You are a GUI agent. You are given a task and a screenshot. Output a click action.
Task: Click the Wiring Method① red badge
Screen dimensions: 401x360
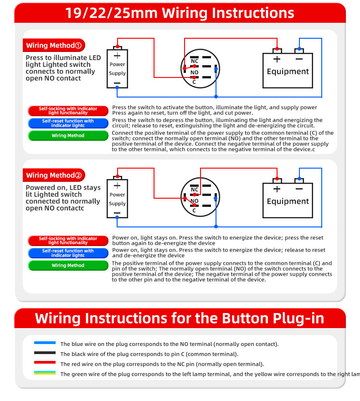(x=54, y=46)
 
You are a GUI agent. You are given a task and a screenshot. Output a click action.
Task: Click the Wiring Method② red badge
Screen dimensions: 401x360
(x=54, y=175)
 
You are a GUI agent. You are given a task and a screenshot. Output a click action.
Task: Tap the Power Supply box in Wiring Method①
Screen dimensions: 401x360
(x=117, y=69)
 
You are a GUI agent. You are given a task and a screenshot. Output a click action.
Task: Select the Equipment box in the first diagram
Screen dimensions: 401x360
(x=288, y=71)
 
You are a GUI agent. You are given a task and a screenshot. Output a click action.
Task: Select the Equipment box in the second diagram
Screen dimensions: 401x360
(x=288, y=201)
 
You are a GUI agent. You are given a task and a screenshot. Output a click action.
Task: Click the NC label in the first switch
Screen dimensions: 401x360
(x=195, y=61)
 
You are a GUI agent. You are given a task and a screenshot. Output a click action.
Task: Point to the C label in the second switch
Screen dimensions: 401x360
(x=194, y=211)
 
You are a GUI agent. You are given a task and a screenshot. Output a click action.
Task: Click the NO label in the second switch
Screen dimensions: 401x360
(x=195, y=201)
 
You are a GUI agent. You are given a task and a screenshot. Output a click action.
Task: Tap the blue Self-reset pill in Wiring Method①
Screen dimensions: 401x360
(x=68, y=123)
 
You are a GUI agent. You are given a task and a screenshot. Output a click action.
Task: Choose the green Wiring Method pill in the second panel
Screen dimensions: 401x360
(x=68, y=266)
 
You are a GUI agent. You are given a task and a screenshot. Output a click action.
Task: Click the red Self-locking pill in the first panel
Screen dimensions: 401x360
(x=68, y=111)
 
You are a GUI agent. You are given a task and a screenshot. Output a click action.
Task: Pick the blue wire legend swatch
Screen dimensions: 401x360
(x=45, y=343)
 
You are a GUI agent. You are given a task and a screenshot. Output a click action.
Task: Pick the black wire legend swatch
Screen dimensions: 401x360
(x=45, y=353)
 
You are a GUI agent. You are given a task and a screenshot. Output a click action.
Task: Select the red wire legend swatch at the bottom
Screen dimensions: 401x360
(x=45, y=363)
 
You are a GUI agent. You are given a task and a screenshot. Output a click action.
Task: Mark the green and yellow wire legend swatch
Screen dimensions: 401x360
(x=45, y=373)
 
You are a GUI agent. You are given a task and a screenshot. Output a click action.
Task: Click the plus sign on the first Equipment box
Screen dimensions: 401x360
(x=277, y=59)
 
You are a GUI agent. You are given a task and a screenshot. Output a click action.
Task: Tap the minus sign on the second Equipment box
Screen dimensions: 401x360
(x=299, y=189)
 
